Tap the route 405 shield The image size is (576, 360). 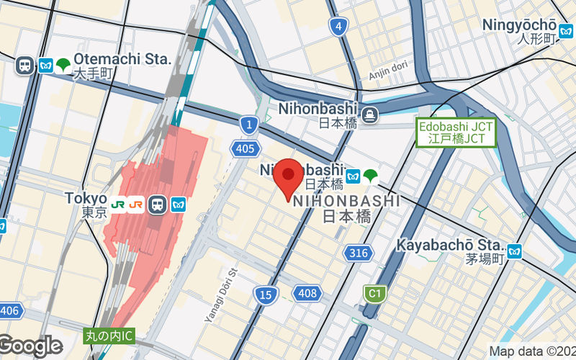coord(245,148)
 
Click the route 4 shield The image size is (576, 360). coord(338,27)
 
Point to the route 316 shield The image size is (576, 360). coord(357,253)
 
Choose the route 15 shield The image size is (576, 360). coord(265,293)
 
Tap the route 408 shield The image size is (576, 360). coord(306,292)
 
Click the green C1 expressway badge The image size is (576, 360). coord(373,293)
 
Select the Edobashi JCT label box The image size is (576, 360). coord(456,132)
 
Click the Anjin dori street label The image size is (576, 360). coord(388,72)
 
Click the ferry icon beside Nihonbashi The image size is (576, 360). coord(370,114)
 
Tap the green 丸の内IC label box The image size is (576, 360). coord(109,335)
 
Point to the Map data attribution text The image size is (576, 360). coord(532,351)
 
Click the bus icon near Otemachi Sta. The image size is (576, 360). coord(24,65)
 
